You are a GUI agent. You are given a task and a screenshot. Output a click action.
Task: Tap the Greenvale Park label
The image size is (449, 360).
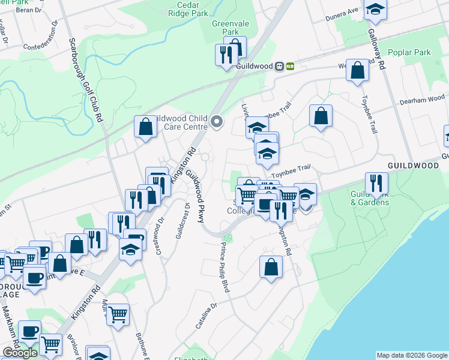(x=226, y=27)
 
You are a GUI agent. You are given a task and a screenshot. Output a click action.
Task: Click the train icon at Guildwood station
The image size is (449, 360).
(x=279, y=66)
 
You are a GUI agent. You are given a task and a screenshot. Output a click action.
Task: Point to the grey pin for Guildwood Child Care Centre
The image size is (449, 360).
(x=217, y=123)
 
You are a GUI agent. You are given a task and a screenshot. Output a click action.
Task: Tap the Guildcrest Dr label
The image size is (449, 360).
(x=182, y=221)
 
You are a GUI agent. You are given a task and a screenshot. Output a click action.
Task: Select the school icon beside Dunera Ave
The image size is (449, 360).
(x=375, y=8)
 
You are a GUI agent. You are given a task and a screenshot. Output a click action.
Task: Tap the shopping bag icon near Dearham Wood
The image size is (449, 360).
(x=321, y=115)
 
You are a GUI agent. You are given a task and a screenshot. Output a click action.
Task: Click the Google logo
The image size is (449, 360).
(x=20, y=353)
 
